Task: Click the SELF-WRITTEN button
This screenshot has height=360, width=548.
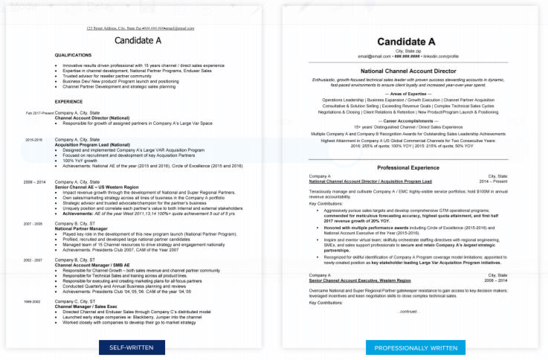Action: (132, 347)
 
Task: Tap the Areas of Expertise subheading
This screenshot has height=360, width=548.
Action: (407, 93)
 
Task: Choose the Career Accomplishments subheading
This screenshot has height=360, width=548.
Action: (407, 120)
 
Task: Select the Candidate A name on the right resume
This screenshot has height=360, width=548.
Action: (407, 41)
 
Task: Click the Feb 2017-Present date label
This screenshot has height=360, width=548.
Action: (39, 113)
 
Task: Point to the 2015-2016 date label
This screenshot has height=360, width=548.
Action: (34, 139)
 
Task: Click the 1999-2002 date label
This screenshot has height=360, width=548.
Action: (34, 300)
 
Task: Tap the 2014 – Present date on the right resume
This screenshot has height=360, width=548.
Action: (494, 181)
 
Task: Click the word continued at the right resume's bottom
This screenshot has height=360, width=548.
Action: (407, 311)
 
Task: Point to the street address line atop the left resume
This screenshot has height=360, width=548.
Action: (140, 28)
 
